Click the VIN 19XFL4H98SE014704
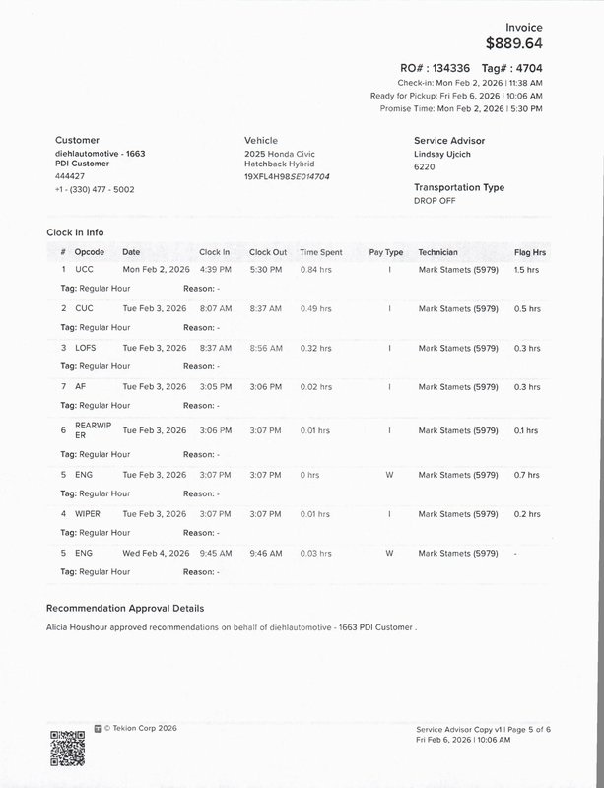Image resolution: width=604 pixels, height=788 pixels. click(287, 177)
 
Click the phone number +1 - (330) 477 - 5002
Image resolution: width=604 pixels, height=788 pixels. click(95, 189)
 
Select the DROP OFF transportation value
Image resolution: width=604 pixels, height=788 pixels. click(435, 200)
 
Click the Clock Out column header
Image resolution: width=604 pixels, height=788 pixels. click(268, 253)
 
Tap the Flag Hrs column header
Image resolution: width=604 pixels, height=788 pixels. click(530, 253)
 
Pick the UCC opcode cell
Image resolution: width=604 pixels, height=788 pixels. click(84, 269)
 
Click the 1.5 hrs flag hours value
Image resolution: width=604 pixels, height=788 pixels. click(527, 269)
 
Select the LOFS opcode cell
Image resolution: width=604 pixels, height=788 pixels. click(86, 348)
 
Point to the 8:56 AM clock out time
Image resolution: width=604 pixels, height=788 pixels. click(266, 348)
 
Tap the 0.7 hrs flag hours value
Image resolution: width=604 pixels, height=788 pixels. click(527, 475)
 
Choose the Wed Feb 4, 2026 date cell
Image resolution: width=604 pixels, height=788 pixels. click(156, 553)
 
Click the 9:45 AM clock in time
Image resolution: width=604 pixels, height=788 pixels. click(215, 553)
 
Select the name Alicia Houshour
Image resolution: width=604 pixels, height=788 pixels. click(80, 626)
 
